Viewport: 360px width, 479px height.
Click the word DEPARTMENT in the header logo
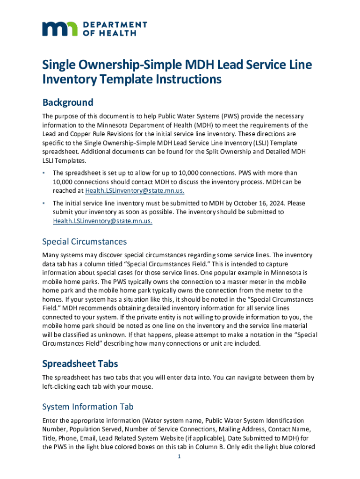tap(115, 24)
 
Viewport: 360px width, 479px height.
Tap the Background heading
tap(68, 102)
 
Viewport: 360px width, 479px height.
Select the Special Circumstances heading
tap(84, 242)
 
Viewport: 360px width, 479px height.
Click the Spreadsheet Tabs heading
tap(79, 363)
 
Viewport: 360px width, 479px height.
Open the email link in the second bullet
tap(102, 221)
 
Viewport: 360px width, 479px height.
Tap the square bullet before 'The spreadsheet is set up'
tap(43, 173)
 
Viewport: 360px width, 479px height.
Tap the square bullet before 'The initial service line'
tap(43, 203)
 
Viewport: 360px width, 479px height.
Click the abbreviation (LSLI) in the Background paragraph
tap(252, 142)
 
